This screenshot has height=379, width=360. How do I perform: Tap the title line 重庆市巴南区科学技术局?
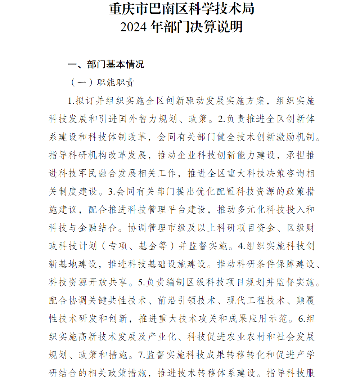[181, 9]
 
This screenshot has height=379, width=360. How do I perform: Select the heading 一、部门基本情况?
[106, 64]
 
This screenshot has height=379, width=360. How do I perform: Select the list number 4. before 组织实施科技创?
[242, 246]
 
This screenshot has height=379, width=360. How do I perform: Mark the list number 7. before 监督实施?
[141, 355]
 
